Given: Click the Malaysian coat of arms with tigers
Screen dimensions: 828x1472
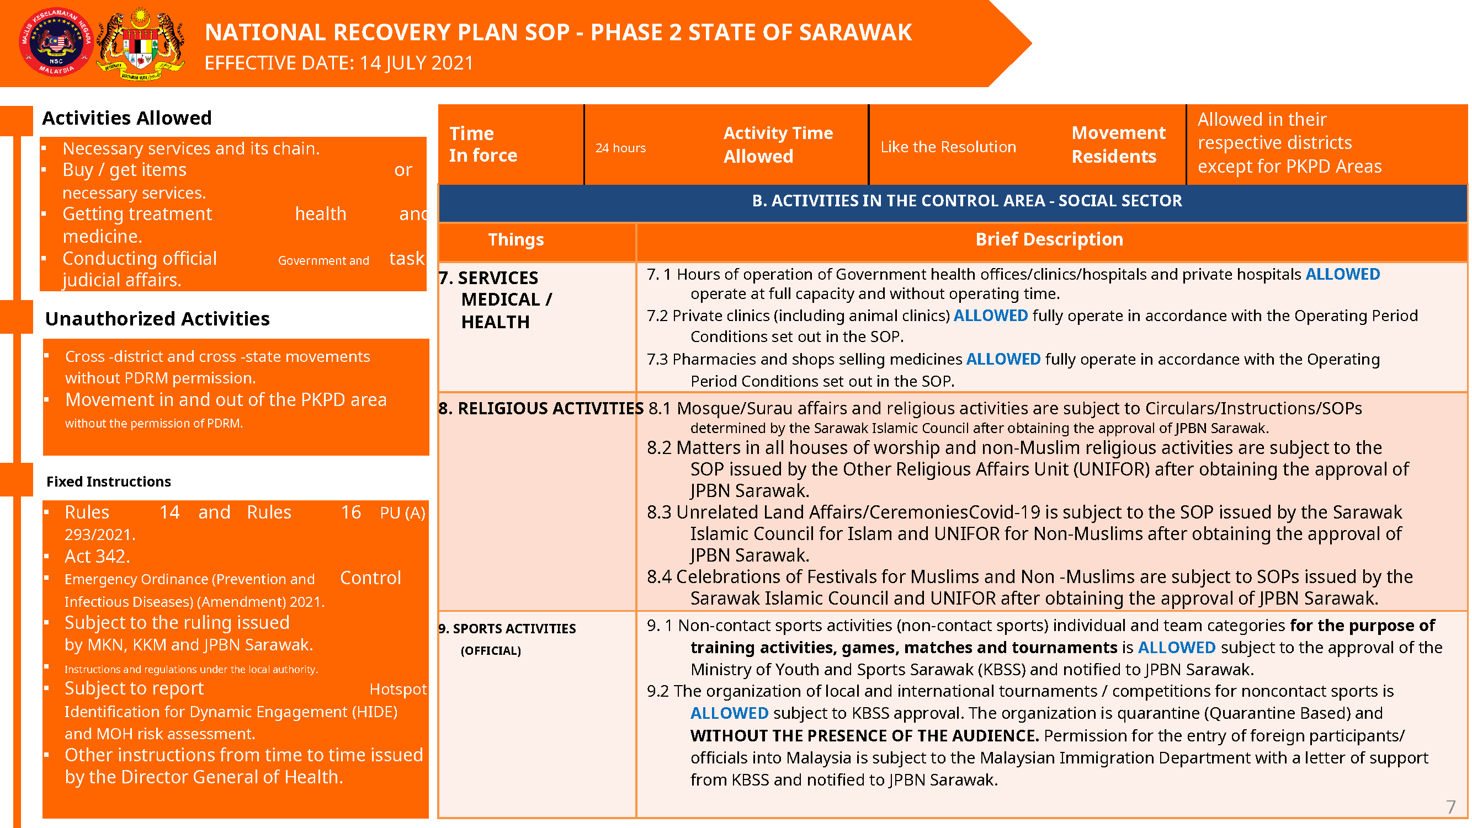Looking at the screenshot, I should coord(141,44).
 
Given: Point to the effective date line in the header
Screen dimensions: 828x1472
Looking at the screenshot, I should coord(339,63).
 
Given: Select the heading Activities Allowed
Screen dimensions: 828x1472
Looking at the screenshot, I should coord(126,118).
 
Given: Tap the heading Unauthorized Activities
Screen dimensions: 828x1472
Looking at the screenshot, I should coord(157,319).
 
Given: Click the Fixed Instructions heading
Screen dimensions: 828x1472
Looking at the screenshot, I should coord(109,482).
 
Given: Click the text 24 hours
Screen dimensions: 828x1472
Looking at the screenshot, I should coord(620,148).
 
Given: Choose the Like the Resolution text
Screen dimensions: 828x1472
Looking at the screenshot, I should coord(948,147).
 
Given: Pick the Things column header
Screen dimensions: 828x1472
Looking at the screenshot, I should coord(516,240).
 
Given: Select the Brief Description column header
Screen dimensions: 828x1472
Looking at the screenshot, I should coord(1049,239).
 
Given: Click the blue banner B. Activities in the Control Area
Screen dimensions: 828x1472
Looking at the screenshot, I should coord(966,201).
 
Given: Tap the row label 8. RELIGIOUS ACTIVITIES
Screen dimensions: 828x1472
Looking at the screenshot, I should coord(540,408).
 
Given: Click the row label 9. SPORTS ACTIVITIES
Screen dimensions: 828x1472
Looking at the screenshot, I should coord(507,629).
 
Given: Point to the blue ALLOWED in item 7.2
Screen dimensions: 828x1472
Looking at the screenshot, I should coord(990,316).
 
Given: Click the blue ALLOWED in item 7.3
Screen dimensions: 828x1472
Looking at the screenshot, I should coord(1003,359).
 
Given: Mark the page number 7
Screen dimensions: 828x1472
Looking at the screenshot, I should coord(1450,806).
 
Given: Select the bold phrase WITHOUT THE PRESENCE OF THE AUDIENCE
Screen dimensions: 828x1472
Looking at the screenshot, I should coord(864,735).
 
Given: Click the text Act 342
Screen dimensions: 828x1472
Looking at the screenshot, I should coord(97,556).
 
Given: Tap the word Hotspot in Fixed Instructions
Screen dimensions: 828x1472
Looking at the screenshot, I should coord(398,689).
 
